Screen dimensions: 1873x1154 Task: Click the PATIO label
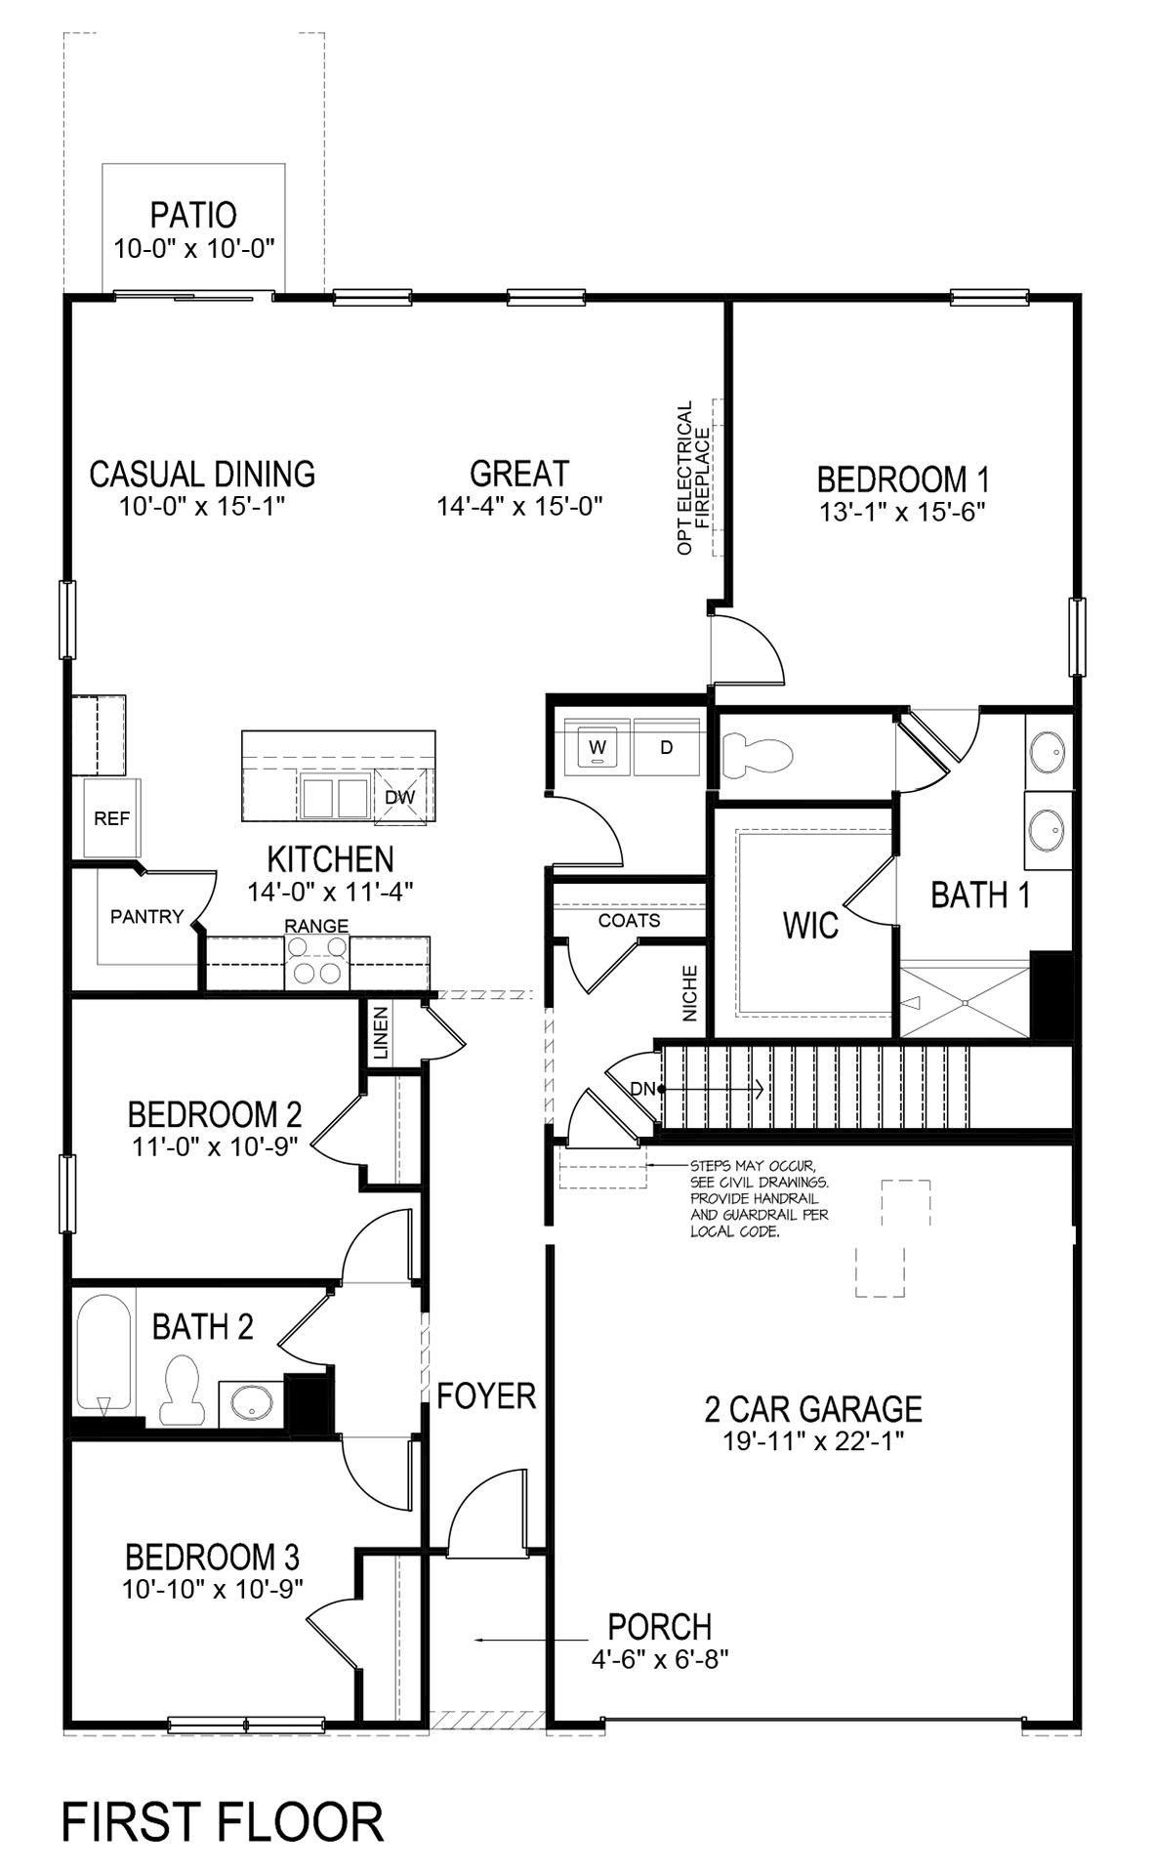(x=193, y=215)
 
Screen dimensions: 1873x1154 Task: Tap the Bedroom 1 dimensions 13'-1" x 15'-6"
(x=902, y=512)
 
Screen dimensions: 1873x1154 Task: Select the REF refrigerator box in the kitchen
(x=111, y=818)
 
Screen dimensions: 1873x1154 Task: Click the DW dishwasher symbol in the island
(x=400, y=796)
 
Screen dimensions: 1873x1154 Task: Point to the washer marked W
(x=598, y=747)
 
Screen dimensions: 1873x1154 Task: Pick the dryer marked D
(x=667, y=747)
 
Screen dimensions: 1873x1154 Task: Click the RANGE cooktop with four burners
(x=317, y=959)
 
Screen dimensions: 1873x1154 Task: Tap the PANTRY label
(x=146, y=916)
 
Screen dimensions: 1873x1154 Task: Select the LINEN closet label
(x=381, y=1033)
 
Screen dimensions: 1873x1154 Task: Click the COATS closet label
(x=629, y=920)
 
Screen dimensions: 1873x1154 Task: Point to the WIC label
(x=810, y=925)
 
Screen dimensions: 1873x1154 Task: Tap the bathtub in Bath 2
(x=103, y=1353)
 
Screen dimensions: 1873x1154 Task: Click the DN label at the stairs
(x=642, y=1088)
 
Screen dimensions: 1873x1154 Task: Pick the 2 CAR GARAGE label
(x=813, y=1408)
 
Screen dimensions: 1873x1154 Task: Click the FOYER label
(x=486, y=1395)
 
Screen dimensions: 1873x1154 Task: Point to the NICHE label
(x=691, y=993)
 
